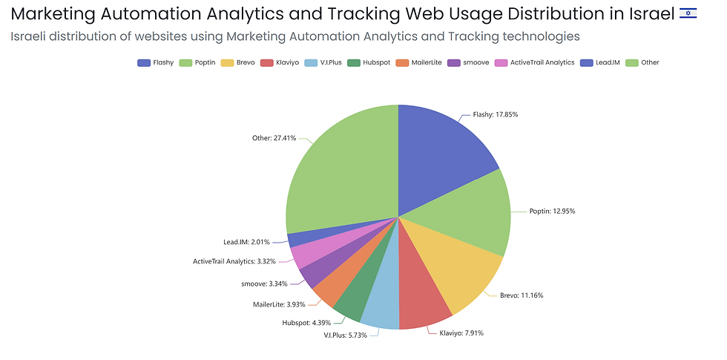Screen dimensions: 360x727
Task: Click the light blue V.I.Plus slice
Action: click(381, 308)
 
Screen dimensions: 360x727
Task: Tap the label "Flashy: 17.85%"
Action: click(495, 115)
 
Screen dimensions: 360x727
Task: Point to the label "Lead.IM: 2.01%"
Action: click(246, 242)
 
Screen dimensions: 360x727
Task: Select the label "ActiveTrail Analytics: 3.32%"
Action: click(234, 261)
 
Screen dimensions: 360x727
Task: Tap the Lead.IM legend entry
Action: click(603, 62)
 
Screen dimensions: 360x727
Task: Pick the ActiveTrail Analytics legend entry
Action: click(536, 62)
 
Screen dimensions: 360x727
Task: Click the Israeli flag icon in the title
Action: click(688, 13)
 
